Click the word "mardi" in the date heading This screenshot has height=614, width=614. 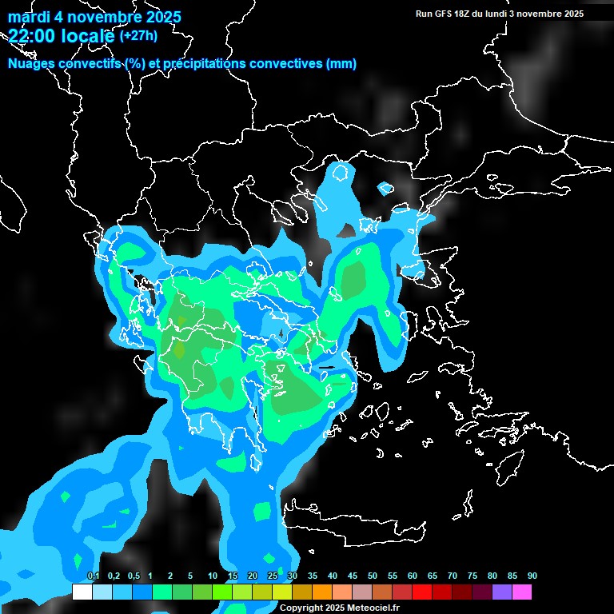(x=29, y=17)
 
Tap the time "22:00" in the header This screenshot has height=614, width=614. (x=34, y=36)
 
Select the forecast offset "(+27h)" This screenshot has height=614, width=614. (x=138, y=36)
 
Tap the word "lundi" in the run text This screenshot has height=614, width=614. (x=504, y=14)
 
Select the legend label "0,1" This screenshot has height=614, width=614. (x=93, y=576)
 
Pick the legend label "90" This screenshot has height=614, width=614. (x=532, y=576)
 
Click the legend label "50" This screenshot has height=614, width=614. (x=373, y=576)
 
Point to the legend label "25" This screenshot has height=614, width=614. (x=273, y=576)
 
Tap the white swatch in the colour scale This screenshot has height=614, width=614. (x=82, y=592)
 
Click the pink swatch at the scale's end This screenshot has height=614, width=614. (x=522, y=592)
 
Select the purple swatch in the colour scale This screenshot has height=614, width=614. (x=502, y=592)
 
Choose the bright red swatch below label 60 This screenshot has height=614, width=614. (x=422, y=592)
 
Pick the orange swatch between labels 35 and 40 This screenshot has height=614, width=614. (x=322, y=592)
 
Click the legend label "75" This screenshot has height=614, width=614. (x=472, y=576)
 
